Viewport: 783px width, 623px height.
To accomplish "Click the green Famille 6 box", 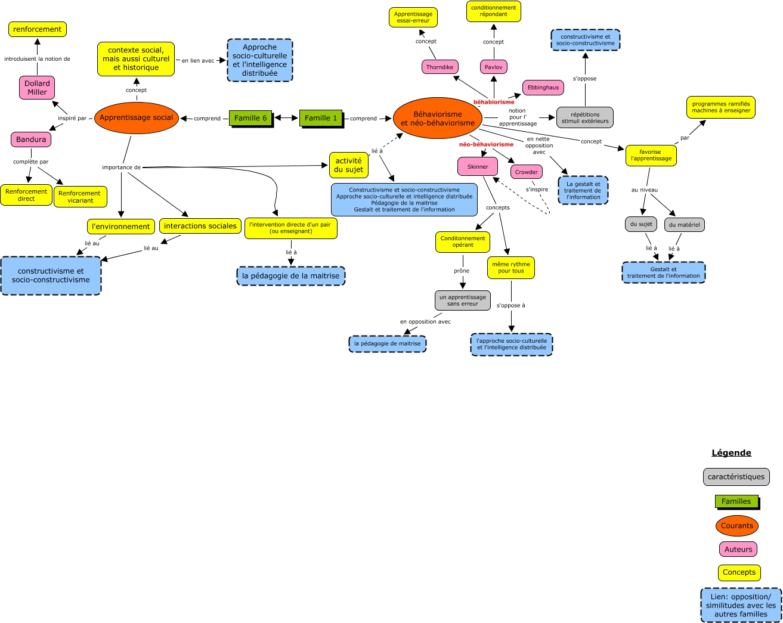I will pyautogui.click(x=250, y=118).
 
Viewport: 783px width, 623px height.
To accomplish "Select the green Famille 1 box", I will pyautogui.click(x=321, y=118).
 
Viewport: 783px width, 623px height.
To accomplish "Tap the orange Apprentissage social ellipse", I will pyautogui.click(x=136, y=117).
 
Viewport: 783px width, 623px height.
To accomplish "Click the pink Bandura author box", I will pyautogui.click(x=31, y=140).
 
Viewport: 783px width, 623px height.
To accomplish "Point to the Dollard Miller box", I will pyautogui.click(x=37, y=88).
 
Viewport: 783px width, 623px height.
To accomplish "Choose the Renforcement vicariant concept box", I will pyautogui.click(x=80, y=197).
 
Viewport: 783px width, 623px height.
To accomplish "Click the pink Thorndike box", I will pyautogui.click(x=440, y=67).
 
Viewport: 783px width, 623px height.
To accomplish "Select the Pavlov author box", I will pyautogui.click(x=493, y=67).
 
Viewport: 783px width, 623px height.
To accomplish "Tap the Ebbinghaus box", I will pyautogui.click(x=543, y=88).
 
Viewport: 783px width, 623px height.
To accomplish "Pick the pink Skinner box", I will pyautogui.click(x=477, y=167).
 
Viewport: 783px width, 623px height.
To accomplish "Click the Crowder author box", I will pyautogui.click(x=527, y=172).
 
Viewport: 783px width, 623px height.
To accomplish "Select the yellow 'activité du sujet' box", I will pyautogui.click(x=348, y=165).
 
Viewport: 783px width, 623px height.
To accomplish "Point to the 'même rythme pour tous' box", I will pyautogui.click(x=511, y=268).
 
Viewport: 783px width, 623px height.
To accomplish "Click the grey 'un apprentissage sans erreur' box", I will pyautogui.click(x=463, y=300).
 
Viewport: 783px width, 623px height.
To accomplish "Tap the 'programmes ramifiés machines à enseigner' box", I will pyautogui.click(x=721, y=107).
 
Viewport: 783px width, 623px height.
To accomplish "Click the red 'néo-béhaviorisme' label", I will pyautogui.click(x=486, y=144).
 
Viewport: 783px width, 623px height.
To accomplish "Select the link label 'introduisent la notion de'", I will pyautogui.click(x=37, y=59).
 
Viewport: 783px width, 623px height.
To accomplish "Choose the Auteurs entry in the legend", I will pyautogui.click(x=738, y=550).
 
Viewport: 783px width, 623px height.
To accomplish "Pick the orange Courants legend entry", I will pyautogui.click(x=737, y=526).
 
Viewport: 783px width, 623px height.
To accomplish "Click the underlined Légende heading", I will pyautogui.click(x=731, y=453).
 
